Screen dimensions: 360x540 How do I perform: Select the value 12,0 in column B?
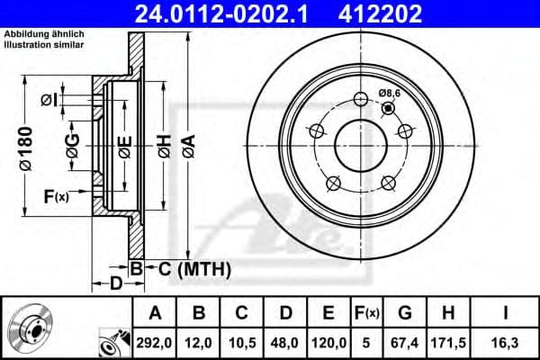point(199,342)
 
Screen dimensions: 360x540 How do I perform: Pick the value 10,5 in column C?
point(242,342)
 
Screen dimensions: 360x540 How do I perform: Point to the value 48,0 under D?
point(285,342)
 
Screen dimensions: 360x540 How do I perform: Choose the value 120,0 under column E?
point(328,342)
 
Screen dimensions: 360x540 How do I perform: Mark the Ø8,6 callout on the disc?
point(390,93)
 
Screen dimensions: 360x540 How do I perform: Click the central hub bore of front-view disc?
point(360,144)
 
